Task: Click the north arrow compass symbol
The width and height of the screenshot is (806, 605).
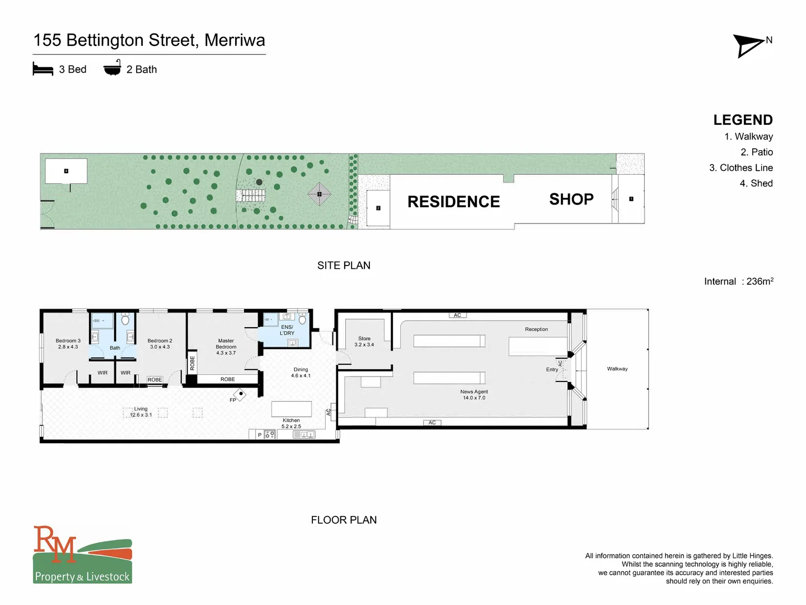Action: coord(748,45)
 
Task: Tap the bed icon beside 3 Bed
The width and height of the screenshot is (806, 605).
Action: coord(43,69)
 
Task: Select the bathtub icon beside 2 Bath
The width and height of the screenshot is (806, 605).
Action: coord(112,68)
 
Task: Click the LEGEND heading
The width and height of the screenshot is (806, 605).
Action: coord(743,120)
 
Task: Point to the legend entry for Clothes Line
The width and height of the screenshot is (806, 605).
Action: coord(741,167)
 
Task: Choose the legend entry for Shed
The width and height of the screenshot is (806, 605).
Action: coord(756,183)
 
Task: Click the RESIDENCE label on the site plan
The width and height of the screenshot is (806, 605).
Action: coord(453,202)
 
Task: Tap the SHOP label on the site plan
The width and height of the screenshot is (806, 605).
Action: coord(571,199)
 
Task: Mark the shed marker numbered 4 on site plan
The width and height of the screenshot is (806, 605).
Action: coord(66,171)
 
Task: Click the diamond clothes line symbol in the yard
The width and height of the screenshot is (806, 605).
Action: coord(320,194)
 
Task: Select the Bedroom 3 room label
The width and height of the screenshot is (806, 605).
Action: coord(68,343)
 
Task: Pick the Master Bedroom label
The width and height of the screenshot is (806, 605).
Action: coord(226,347)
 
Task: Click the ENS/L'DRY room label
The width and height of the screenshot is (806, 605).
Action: coord(287,330)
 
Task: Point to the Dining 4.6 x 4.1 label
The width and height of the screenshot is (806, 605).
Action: coord(301,373)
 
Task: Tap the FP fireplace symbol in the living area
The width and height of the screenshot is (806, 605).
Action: coord(241,394)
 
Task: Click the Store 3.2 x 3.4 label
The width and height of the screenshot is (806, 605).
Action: coord(364,341)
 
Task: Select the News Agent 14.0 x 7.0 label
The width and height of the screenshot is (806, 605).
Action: coord(474,394)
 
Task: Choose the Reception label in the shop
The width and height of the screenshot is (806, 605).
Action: coord(536,329)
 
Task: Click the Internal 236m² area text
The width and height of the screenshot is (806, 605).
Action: coord(738,281)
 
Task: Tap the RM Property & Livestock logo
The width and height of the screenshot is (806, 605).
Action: coord(82,555)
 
